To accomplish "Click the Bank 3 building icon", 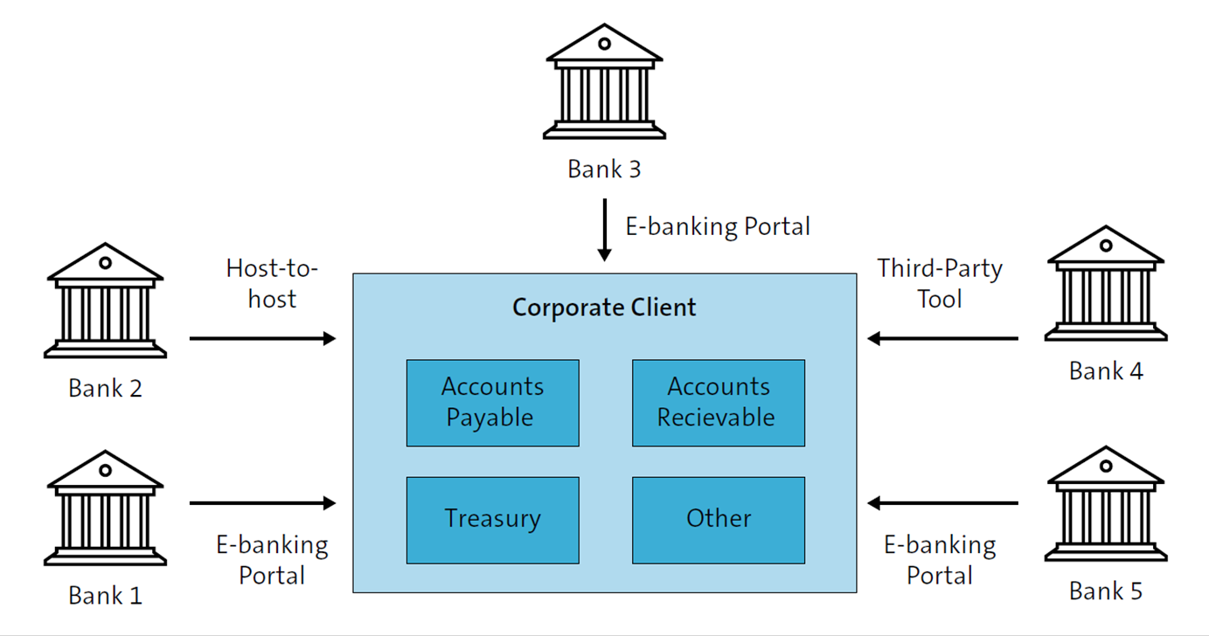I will pyautogui.click(x=604, y=83).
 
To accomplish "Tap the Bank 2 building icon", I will pyautogui.click(x=105, y=301).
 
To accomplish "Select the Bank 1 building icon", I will pyautogui.click(x=105, y=508).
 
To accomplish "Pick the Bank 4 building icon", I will pyautogui.click(x=1106, y=284).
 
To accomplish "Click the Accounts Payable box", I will pyautogui.click(x=492, y=403).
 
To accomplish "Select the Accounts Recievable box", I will pyautogui.click(x=718, y=403).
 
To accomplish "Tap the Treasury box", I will pyautogui.click(x=492, y=519).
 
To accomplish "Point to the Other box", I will pyautogui.click(x=718, y=519).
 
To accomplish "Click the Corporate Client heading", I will pyautogui.click(x=604, y=308).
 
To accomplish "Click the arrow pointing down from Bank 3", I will pyautogui.click(x=604, y=229).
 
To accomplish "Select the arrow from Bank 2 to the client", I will pyautogui.click(x=262, y=338).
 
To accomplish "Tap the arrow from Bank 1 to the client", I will pyautogui.click(x=262, y=503).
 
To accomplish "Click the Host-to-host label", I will pyautogui.click(x=272, y=283).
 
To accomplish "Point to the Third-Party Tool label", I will pyautogui.click(x=940, y=283).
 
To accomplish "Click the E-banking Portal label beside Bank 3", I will pyautogui.click(x=718, y=226).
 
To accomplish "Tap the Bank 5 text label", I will pyautogui.click(x=1106, y=591).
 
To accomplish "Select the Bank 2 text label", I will pyautogui.click(x=105, y=388).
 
